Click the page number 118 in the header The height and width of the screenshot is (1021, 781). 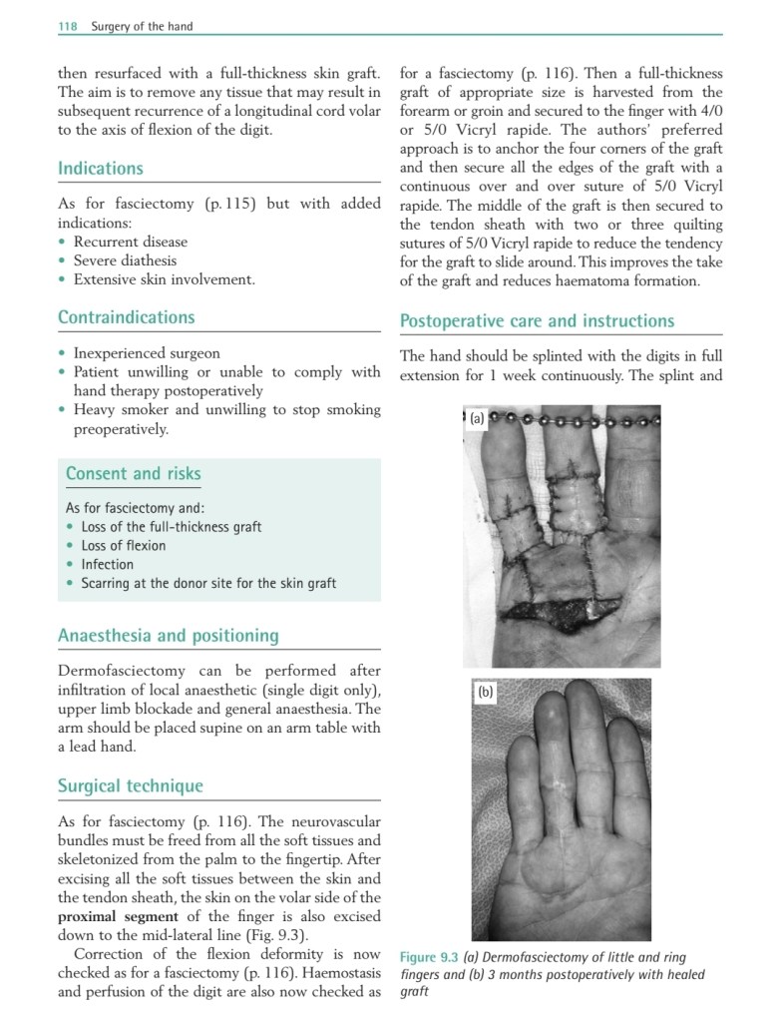coord(68,26)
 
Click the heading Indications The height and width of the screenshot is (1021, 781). coord(100,169)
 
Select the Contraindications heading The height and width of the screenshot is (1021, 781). coord(126,317)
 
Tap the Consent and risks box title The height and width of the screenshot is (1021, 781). coord(133,473)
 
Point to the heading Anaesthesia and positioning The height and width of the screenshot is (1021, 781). coord(168,636)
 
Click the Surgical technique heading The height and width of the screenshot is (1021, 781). coord(130,785)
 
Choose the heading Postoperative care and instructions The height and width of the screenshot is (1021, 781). coord(537,321)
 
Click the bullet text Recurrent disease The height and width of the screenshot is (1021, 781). coord(130,242)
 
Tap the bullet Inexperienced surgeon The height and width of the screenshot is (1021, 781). coord(147,353)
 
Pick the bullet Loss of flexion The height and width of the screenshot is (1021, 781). coord(123,545)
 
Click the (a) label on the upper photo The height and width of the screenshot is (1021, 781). coord(477,419)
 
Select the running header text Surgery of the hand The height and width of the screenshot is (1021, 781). coord(142,26)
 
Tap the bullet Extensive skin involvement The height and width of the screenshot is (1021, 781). coord(164,279)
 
